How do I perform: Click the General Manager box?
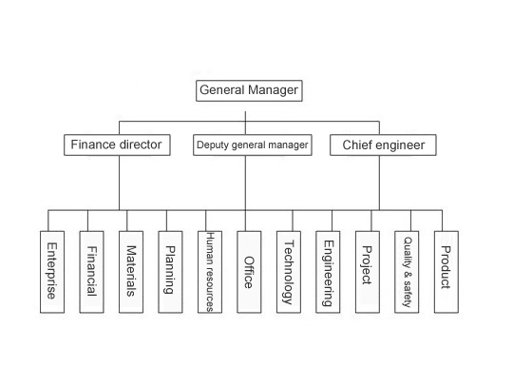point(249,90)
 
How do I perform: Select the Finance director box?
point(117,145)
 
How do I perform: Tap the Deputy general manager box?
point(253,145)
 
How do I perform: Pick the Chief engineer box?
point(383,145)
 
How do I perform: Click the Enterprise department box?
point(52,272)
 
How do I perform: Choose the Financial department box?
point(91,272)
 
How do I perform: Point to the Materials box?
point(131,272)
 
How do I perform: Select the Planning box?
point(170,272)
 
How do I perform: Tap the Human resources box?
point(210,272)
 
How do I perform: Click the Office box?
point(249,272)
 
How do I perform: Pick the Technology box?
point(289,272)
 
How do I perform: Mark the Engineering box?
point(328,272)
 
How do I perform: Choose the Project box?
point(368,272)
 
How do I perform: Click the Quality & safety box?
point(407,272)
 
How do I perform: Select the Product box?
point(446,272)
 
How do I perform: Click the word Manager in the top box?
point(273,90)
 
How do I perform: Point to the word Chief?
point(355,145)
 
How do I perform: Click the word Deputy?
point(213,145)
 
